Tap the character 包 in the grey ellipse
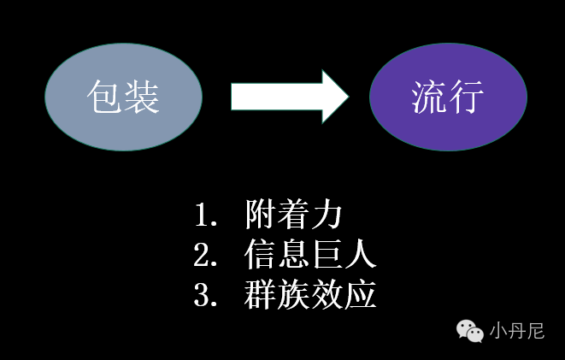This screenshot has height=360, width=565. [x=105, y=97]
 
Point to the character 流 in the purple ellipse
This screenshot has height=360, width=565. [x=430, y=97]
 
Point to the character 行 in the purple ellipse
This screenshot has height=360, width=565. [x=467, y=97]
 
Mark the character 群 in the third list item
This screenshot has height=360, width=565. [x=260, y=295]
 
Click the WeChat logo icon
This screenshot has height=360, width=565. [x=470, y=329]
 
